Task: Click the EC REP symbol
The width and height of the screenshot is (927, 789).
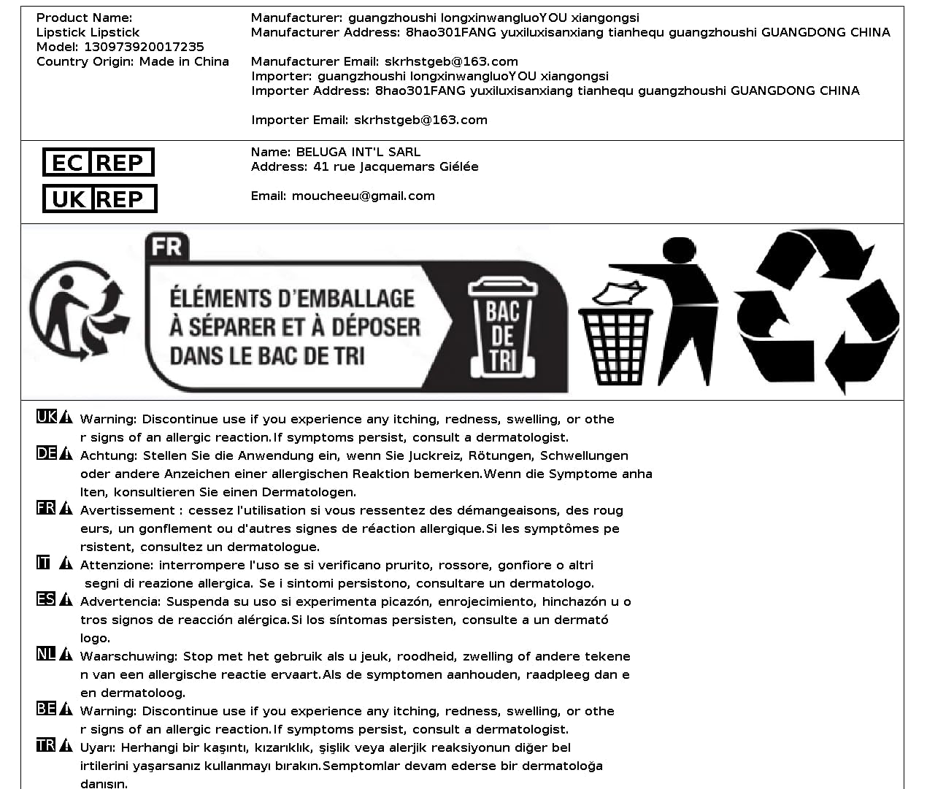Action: coord(98,162)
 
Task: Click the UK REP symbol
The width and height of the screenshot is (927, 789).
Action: coord(99,199)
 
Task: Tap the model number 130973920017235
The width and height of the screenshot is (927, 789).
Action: coord(144,47)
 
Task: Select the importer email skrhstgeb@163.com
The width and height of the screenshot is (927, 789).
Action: coord(420,120)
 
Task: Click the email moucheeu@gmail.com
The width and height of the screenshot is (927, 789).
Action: coord(363,196)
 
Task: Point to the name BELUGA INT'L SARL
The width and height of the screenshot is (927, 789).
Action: coord(358,152)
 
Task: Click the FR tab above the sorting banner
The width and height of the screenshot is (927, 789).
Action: coord(167,247)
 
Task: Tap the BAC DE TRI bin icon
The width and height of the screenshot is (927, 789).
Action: coord(503,327)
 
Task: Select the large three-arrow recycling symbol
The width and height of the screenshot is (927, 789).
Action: coord(818,312)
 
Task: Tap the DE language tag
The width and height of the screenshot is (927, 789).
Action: coord(46,453)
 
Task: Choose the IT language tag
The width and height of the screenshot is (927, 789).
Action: coord(44,563)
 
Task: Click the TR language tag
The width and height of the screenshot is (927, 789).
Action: coord(46,745)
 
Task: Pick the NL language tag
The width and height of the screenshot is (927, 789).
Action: coord(46,654)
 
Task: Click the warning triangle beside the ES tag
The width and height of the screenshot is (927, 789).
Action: coord(66,600)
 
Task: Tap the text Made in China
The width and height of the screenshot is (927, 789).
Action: coord(184,61)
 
